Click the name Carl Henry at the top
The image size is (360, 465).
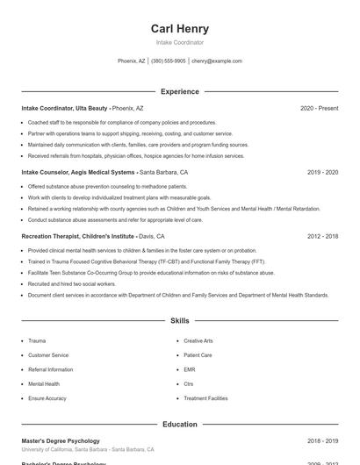pos(179,29)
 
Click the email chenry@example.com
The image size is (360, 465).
pos(216,61)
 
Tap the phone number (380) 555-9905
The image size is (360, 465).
pos(169,61)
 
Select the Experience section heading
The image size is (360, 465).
pos(179,91)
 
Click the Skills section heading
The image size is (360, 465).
pos(179,322)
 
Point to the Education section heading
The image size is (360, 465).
pos(179,425)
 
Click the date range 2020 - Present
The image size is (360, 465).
pos(319,108)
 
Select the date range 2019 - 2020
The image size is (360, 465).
pos(322,173)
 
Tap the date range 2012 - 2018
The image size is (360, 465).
pos(322,237)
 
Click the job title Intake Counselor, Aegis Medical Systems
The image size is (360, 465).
pos(78,173)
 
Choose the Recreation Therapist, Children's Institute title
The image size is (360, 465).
pos(78,237)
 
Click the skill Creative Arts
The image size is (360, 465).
pos(198,340)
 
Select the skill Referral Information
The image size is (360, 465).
pos(51,369)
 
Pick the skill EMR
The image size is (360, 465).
pos(190,369)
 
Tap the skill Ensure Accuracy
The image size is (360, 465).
pos(47,398)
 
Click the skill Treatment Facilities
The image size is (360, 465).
pos(205,398)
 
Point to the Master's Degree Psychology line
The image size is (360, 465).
pos(61,441)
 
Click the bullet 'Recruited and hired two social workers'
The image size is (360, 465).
pos(72,284)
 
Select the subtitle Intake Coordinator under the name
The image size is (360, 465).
pos(179,42)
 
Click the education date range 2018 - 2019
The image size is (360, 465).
pos(322,441)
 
